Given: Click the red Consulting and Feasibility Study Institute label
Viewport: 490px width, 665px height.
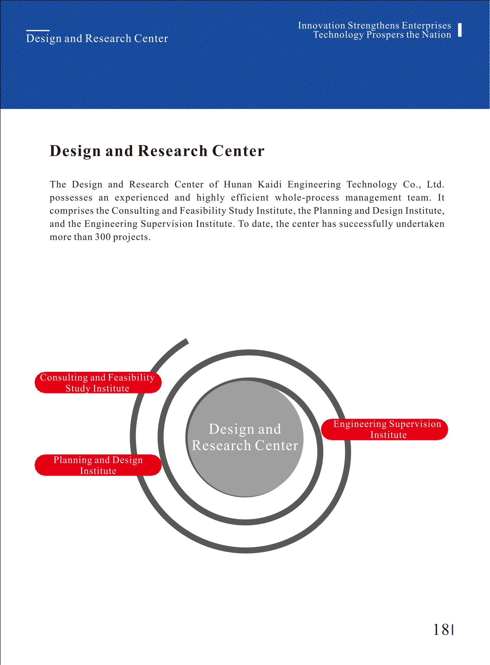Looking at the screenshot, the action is click(x=98, y=383).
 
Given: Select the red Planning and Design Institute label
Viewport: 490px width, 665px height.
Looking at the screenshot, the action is click(x=98, y=465).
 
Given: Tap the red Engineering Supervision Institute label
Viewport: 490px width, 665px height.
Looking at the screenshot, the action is click(x=385, y=429).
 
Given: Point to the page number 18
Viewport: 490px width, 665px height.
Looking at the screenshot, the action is click(x=441, y=630).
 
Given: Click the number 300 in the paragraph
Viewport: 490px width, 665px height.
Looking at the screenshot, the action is click(x=103, y=237).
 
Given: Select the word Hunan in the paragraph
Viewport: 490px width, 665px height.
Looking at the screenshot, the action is click(x=238, y=185).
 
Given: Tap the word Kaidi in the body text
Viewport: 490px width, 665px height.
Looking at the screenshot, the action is click(x=270, y=185).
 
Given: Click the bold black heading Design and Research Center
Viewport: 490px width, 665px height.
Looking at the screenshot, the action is click(x=157, y=151).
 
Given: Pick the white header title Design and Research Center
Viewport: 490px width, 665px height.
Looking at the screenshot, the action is click(x=97, y=39).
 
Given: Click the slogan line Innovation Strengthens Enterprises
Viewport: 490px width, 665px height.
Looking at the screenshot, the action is click(x=374, y=25).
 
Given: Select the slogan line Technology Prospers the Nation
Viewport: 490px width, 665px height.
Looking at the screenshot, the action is click(x=382, y=35).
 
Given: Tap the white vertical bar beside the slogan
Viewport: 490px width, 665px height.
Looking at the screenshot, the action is click(x=460, y=30).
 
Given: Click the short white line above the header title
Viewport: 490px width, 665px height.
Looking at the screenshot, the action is click(x=38, y=30).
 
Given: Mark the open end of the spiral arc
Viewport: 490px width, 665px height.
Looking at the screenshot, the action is click(x=187, y=341).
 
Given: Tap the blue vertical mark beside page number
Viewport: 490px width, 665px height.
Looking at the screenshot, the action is click(x=453, y=630).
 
